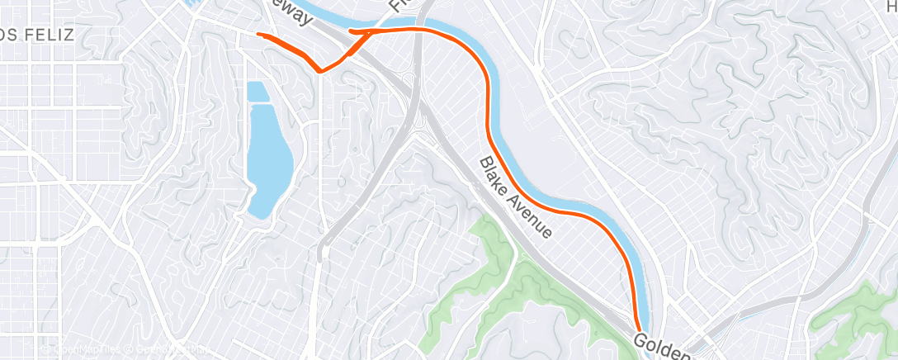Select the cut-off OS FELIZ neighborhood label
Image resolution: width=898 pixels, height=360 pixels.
tap(37, 35)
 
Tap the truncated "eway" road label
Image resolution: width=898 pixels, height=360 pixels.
tap(291, 6)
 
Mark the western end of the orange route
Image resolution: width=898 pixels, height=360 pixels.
tap(259, 35)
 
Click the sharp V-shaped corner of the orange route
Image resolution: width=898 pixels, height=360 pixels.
tap(319, 71)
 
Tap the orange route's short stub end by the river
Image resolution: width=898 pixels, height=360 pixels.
tap(352, 32)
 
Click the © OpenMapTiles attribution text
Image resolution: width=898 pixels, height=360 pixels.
tap(83, 349)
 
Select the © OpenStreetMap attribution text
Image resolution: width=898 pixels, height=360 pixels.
tap(169, 349)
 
